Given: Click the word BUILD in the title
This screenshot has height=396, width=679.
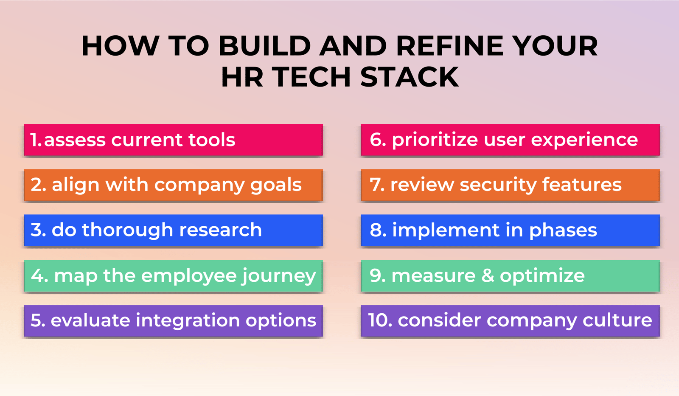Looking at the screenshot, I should click(x=265, y=46).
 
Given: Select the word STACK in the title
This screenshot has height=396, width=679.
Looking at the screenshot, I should click(x=410, y=77).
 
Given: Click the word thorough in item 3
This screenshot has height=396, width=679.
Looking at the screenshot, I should click(x=127, y=230).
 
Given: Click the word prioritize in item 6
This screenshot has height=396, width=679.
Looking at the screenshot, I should click(x=435, y=140).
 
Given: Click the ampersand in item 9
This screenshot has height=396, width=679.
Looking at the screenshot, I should click(x=488, y=276).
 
